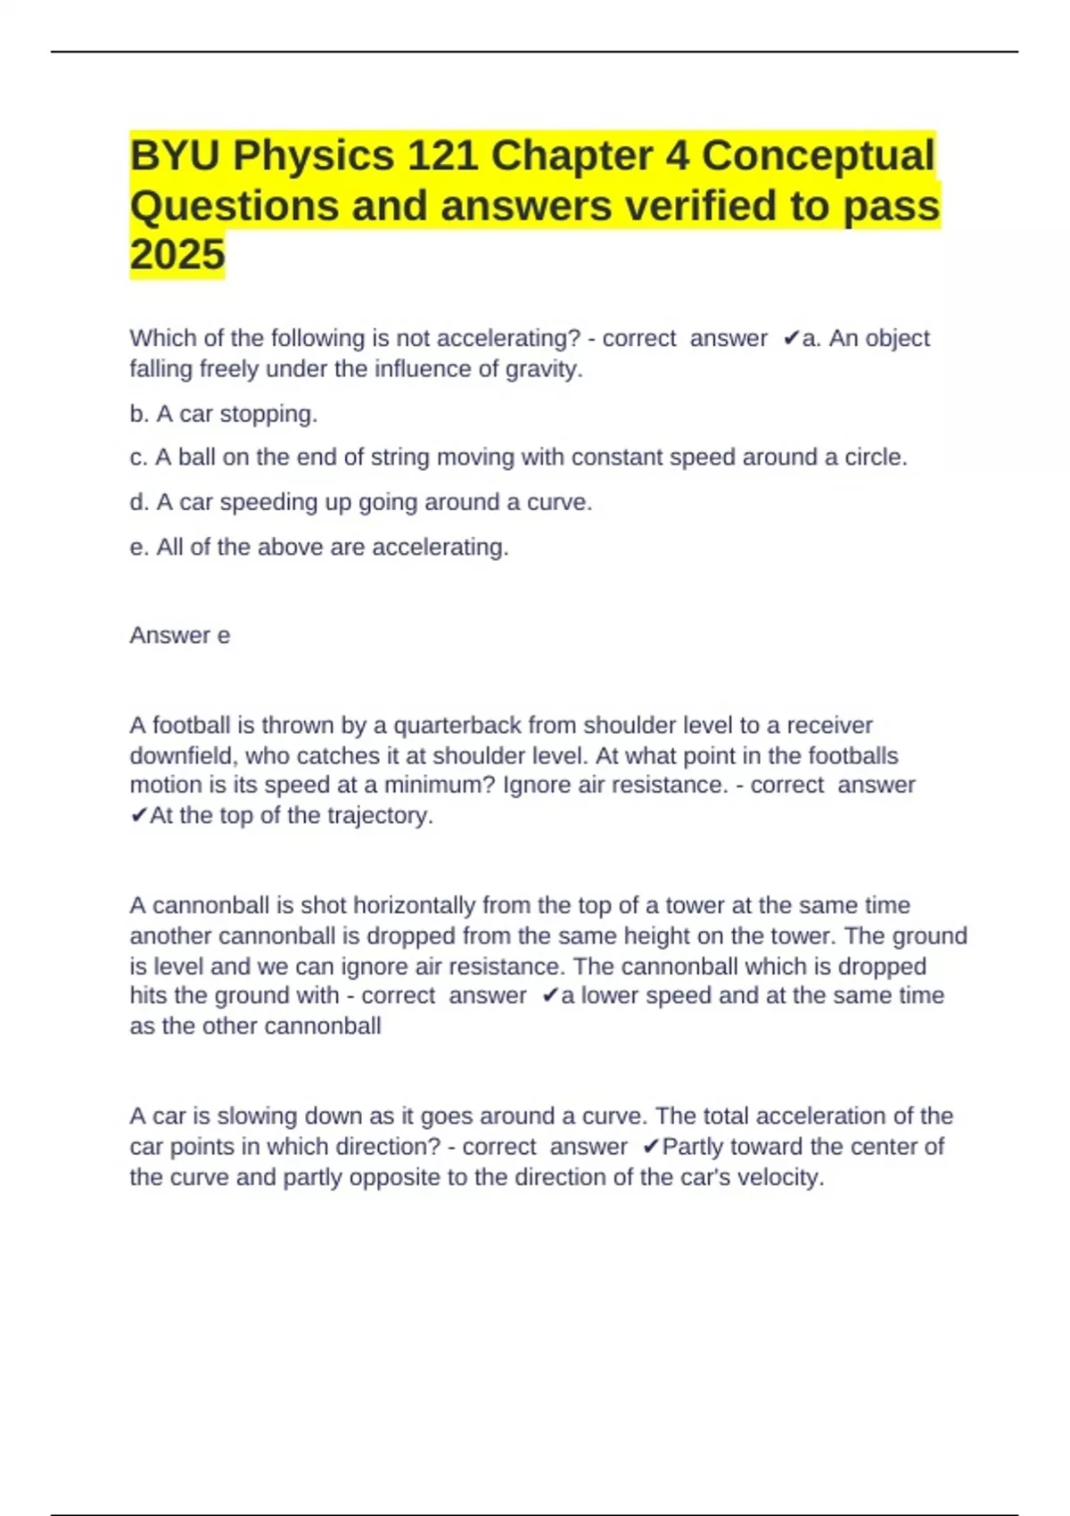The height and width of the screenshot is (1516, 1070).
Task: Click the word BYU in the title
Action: point(175,156)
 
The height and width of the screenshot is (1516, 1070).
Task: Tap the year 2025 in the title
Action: point(177,255)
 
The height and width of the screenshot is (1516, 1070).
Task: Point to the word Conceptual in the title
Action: point(818,156)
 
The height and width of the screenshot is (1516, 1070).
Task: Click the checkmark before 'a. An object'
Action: point(791,339)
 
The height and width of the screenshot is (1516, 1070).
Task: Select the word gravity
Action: point(543,369)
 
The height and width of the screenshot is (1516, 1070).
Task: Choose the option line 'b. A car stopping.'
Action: point(224,414)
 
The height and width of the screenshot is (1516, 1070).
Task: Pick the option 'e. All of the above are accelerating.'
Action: point(319,547)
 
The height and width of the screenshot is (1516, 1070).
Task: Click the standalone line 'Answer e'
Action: point(180,635)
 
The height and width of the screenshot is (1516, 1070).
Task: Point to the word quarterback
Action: point(457,726)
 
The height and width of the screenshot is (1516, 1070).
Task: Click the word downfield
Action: point(183,756)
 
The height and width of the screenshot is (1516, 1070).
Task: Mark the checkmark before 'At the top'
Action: point(138,816)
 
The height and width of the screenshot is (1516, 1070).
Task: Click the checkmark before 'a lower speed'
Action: point(549,996)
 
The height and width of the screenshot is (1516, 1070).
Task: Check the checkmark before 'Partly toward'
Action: point(650,1147)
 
